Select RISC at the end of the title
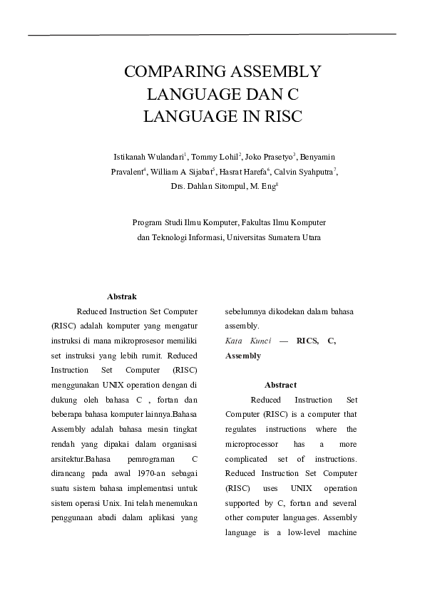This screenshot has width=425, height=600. (282, 117)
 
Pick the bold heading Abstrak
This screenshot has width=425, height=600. (121, 296)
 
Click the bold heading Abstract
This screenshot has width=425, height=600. (280, 385)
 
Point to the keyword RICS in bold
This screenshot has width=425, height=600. (307, 341)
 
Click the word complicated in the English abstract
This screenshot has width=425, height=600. (247, 459)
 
